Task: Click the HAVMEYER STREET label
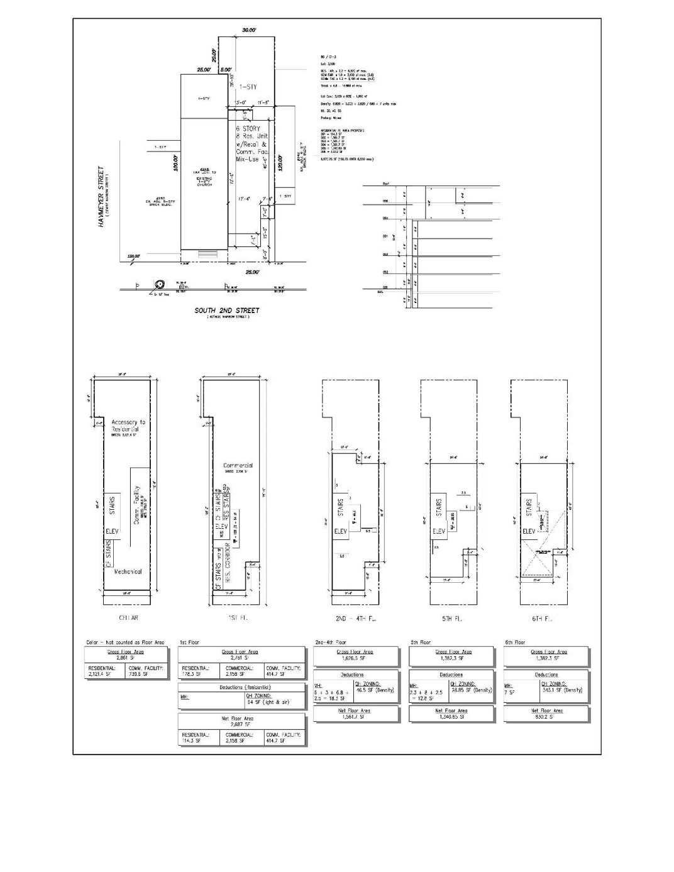click(x=101, y=197)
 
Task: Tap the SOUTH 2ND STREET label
click(x=227, y=310)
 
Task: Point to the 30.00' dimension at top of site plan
click(x=249, y=30)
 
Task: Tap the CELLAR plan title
click(x=128, y=618)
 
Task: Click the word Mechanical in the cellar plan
click(x=128, y=571)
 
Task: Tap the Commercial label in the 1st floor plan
click(x=238, y=466)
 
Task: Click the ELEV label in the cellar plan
click(x=112, y=532)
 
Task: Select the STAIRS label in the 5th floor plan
click(x=439, y=507)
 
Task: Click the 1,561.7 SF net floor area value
click(x=356, y=716)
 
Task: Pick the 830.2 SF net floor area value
click(x=546, y=716)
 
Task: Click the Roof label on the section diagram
click(x=386, y=184)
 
